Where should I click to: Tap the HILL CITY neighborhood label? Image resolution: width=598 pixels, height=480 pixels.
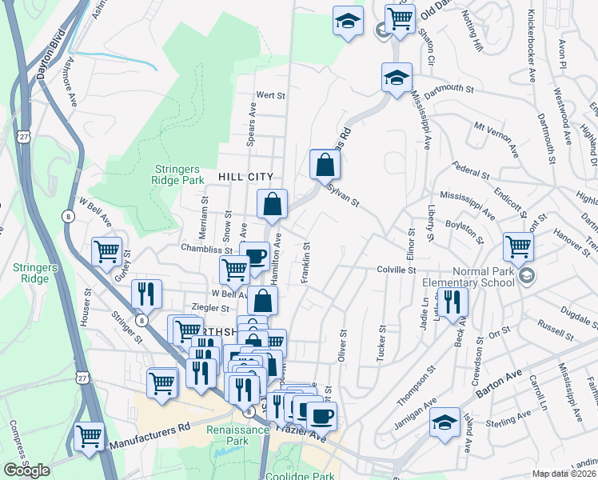245,177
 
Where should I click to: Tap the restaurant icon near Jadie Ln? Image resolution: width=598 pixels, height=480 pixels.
452,302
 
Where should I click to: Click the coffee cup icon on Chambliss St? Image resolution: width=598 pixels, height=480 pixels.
254,256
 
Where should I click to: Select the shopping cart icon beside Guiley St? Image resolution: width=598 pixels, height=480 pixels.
106,251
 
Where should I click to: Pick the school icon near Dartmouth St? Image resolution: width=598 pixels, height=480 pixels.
397,78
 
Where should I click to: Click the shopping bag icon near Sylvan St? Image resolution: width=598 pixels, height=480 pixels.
325,165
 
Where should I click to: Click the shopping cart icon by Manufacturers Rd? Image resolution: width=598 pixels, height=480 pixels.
89,437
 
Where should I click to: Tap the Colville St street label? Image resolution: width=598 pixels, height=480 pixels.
397,270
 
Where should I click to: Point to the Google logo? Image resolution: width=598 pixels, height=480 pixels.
26,470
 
